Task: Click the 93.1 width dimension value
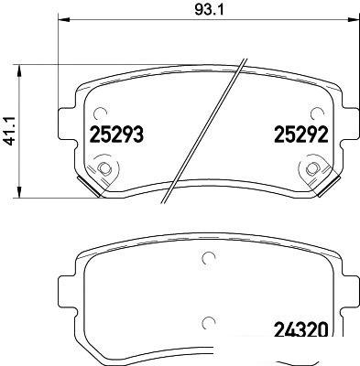209,10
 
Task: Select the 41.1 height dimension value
10,131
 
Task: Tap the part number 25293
116,135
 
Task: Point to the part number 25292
301,135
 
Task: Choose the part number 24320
301,329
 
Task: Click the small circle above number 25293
100,114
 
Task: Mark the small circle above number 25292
317,114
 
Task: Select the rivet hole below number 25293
104,168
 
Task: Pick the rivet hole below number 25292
312,168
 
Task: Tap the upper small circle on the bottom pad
208,258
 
